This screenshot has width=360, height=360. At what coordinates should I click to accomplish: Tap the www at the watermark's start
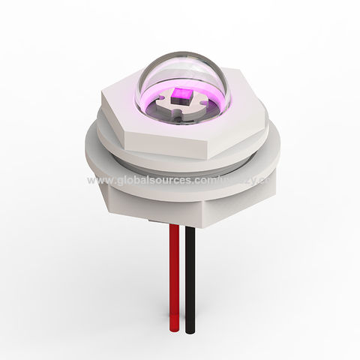coord(97,181)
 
